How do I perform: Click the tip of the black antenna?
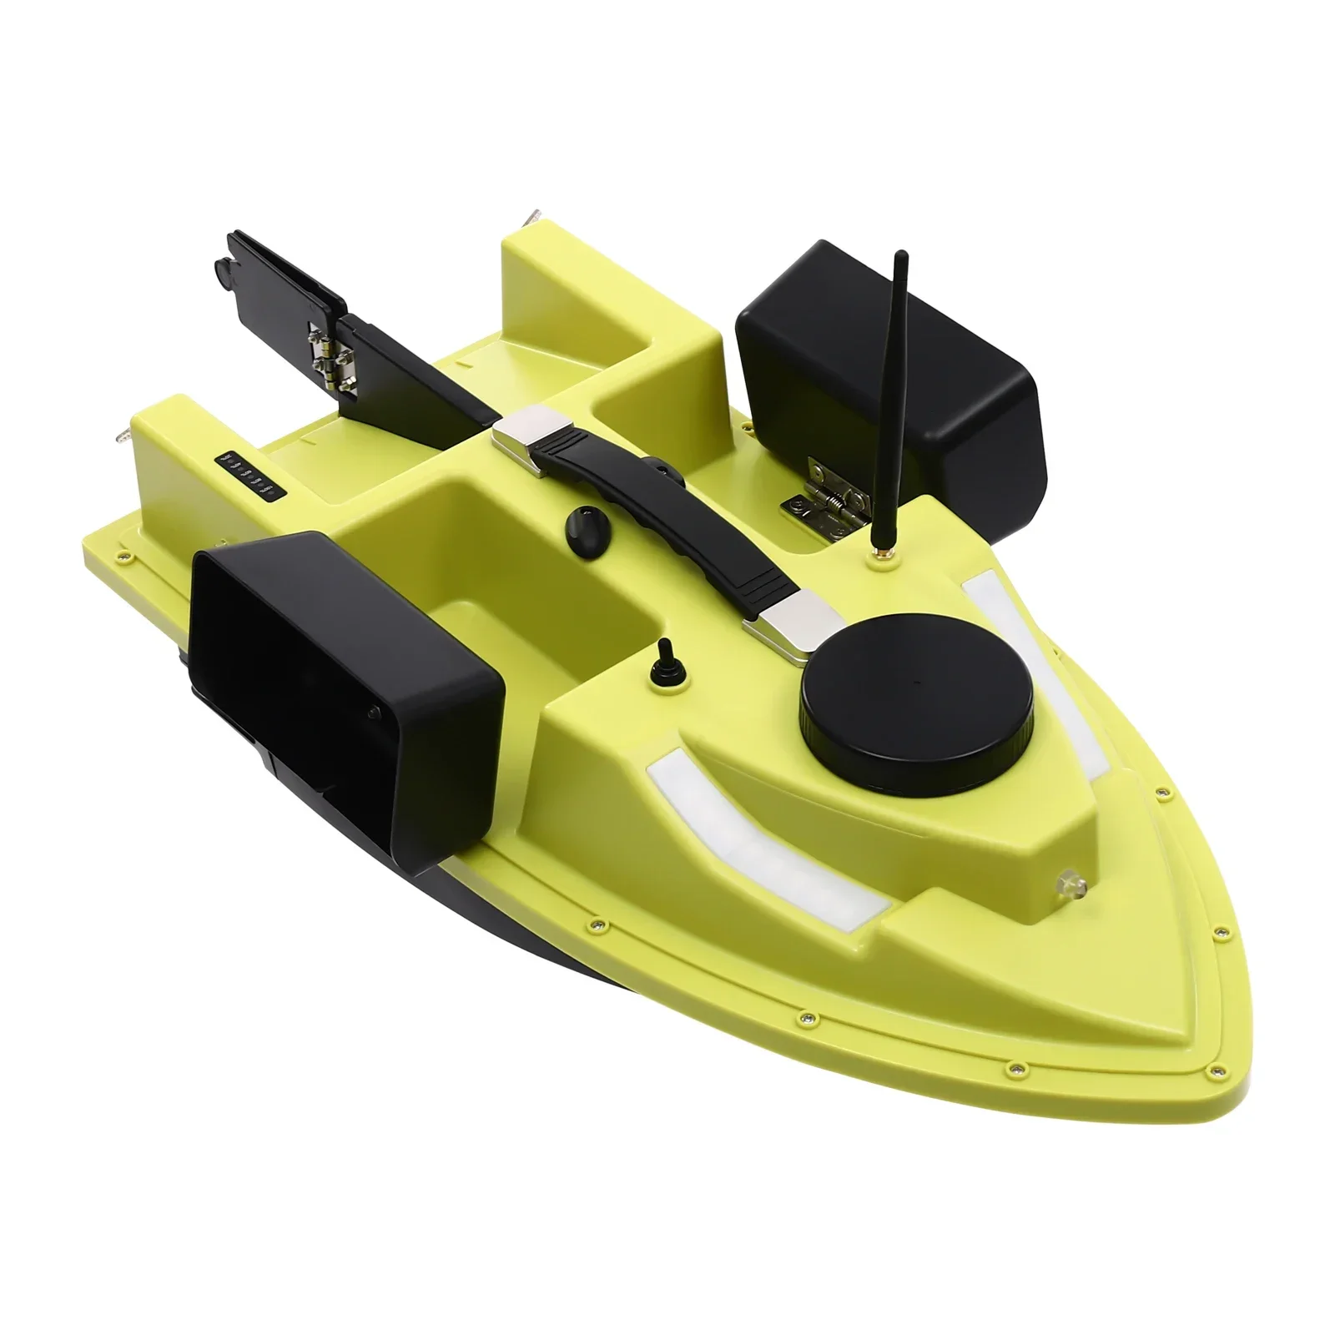(899, 254)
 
